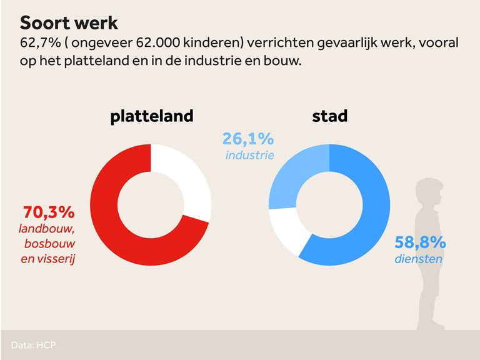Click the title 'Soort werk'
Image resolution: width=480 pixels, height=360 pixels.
point(69,23)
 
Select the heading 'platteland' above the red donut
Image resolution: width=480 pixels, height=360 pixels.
point(152,116)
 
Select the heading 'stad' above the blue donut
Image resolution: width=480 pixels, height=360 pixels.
point(329,116)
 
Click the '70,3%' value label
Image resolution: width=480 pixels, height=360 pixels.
point(49,212)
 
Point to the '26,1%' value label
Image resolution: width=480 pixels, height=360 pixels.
point(249,139)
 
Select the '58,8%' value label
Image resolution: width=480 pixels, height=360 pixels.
point(419,242)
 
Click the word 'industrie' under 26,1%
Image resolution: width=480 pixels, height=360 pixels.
point(249,154)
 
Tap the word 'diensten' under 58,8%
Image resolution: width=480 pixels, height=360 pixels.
point(418,258)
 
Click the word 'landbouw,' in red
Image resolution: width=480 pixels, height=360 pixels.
point(47,229)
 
